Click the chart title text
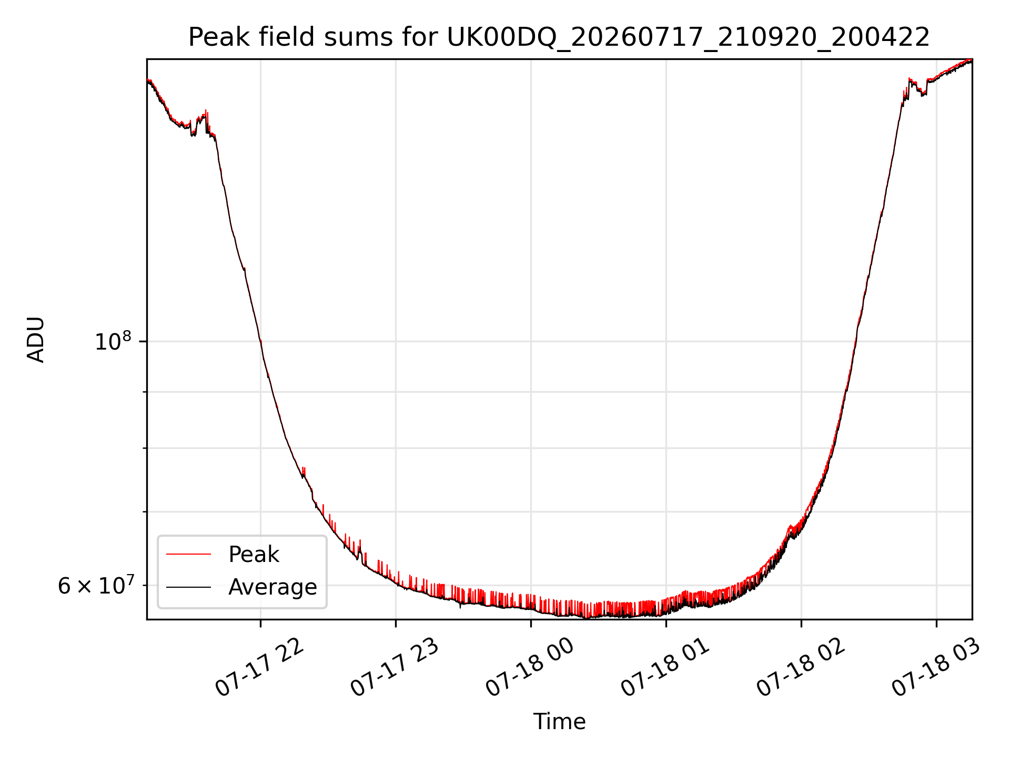point(559,37)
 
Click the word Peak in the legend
point(254,555)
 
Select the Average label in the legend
point(272,587)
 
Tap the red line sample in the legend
point(188,554)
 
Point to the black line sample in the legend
point(188,587)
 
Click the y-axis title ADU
point(36,340)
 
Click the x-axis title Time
point(559,722)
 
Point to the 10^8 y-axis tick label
point(113,342)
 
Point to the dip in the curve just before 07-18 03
point(922,92)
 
